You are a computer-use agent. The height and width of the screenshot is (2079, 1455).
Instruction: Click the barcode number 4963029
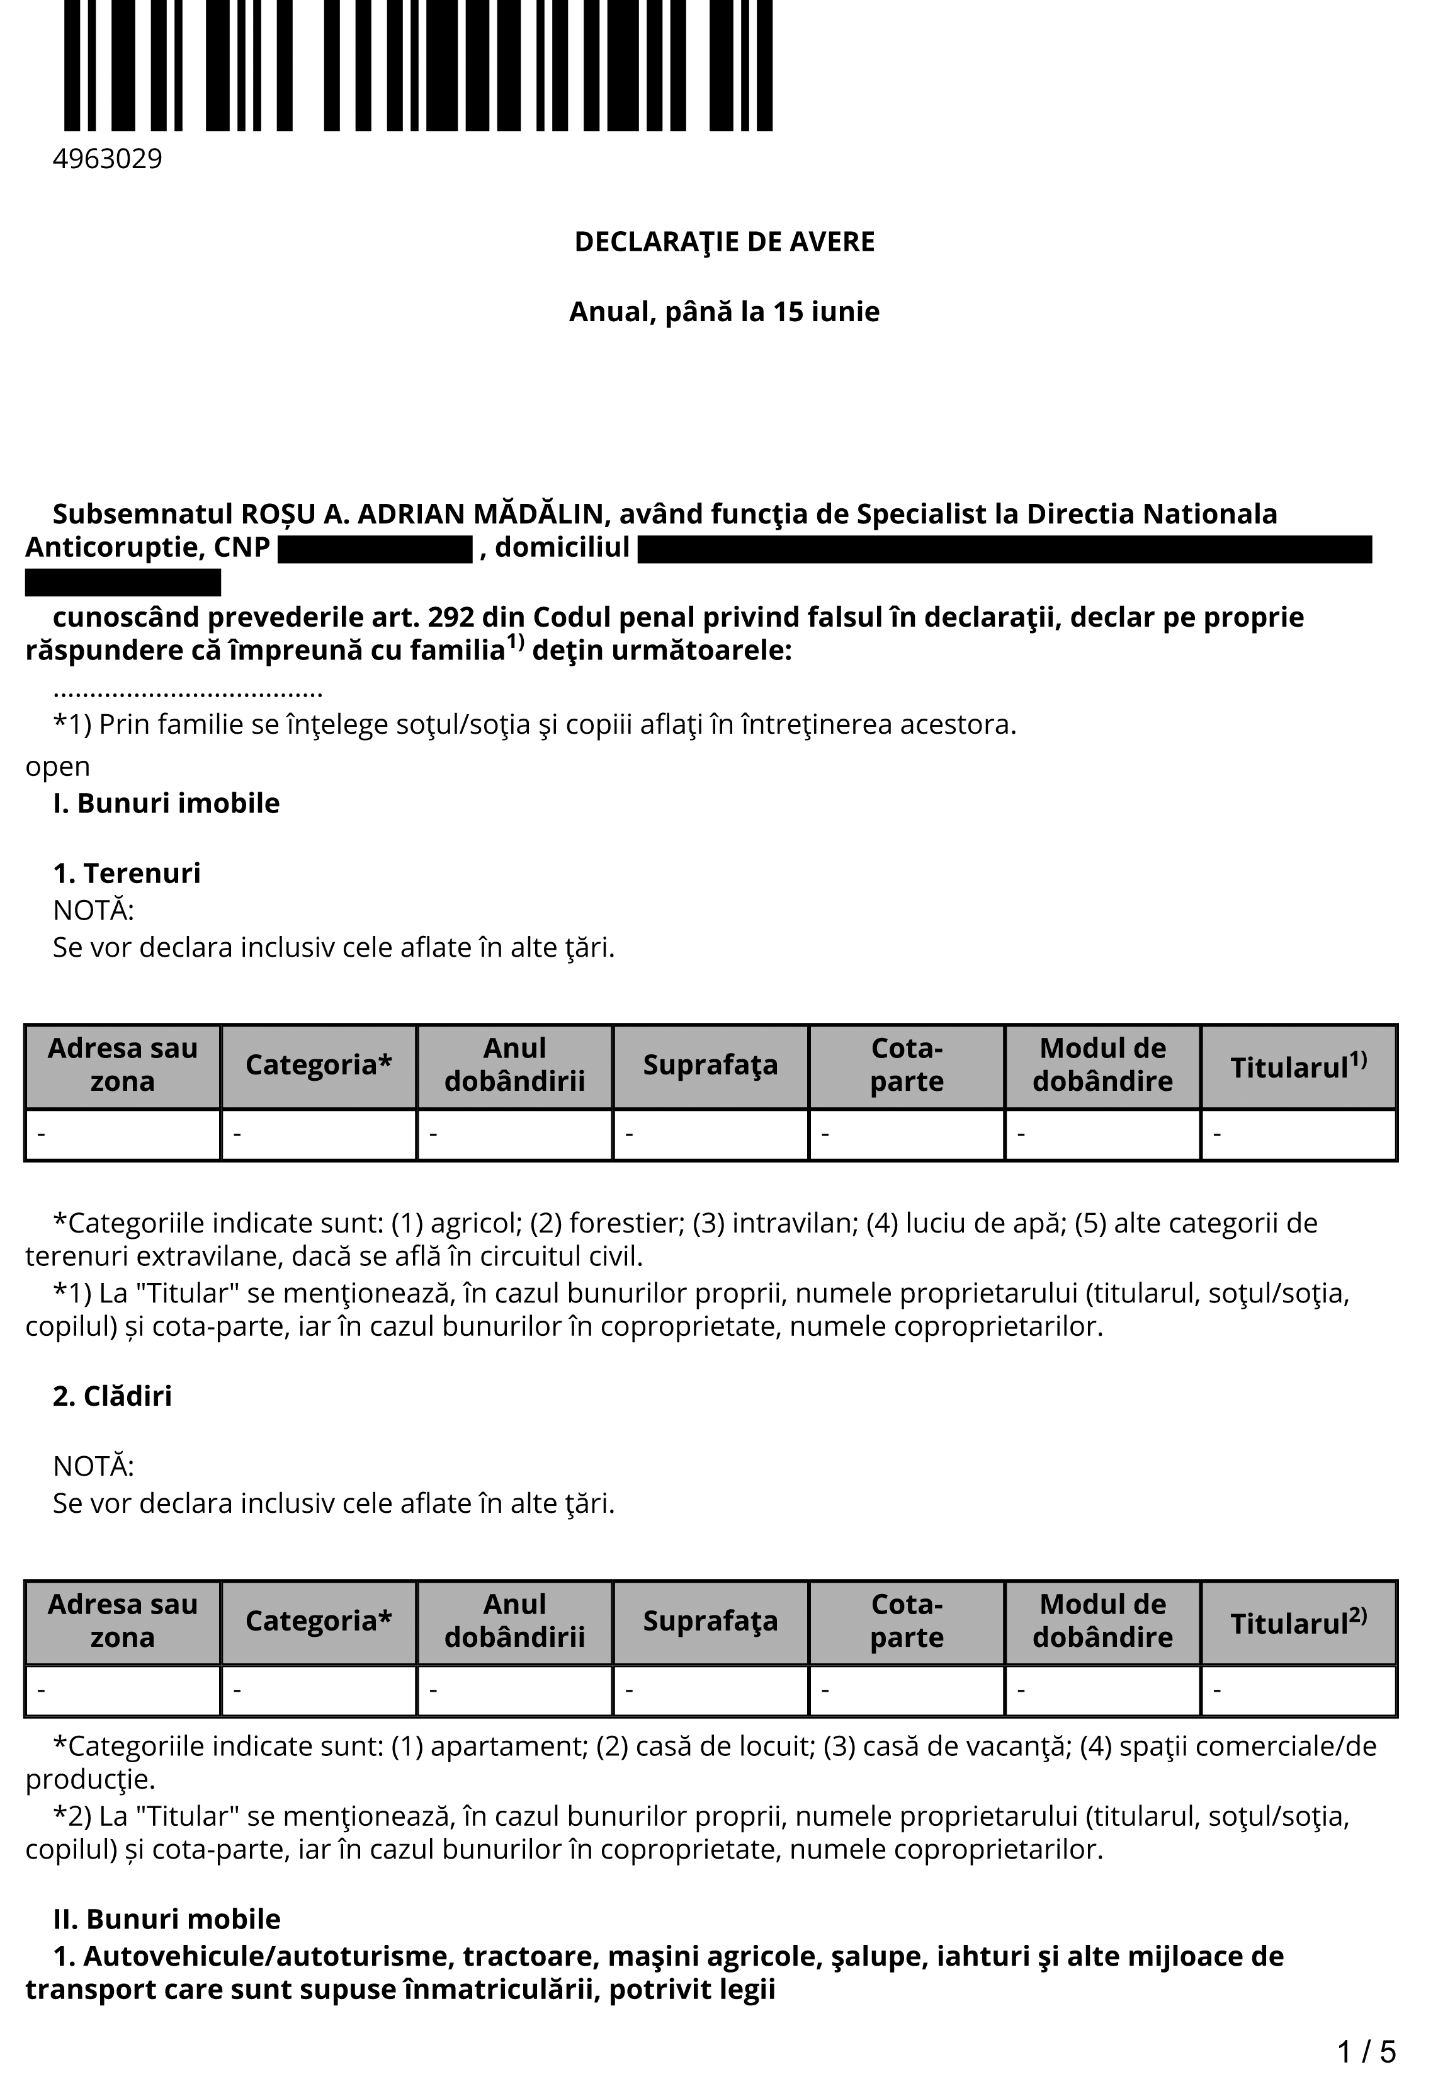tap(107, 159)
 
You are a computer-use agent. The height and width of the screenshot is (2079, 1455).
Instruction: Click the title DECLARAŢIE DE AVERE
tap(724, 242)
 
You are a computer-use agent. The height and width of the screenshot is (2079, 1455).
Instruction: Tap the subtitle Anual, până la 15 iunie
tap(724, 312)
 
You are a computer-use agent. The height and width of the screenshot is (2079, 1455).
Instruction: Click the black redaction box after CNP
tap(375, 550)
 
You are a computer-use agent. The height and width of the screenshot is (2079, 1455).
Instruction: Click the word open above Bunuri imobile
tap(58, 767)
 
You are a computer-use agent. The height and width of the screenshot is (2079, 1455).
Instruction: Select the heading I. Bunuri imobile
tap(167, 803)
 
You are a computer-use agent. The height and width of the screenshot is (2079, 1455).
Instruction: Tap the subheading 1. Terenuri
tap(127, 873)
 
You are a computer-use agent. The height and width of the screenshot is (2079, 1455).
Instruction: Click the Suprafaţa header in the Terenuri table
tap(711, 1066)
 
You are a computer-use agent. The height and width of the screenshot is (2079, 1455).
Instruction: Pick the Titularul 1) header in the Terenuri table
tap(1298, 1066)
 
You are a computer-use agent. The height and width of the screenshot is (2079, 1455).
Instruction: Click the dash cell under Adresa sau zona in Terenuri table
tap(123, 1134)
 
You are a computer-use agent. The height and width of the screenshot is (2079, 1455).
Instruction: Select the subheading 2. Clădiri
tap(112, 1396)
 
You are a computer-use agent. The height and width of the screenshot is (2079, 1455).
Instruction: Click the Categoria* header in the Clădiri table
tap(319, 1622)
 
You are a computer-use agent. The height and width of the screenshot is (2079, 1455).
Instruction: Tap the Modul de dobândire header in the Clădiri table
tap(1103, 1621)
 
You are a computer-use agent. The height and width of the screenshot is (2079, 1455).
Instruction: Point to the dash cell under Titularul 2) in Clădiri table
tap(1298, 1690)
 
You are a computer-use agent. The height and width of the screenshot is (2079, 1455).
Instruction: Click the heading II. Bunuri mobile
tap(167, 1920)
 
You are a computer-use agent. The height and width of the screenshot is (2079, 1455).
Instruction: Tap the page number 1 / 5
tap(1366, 2051)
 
